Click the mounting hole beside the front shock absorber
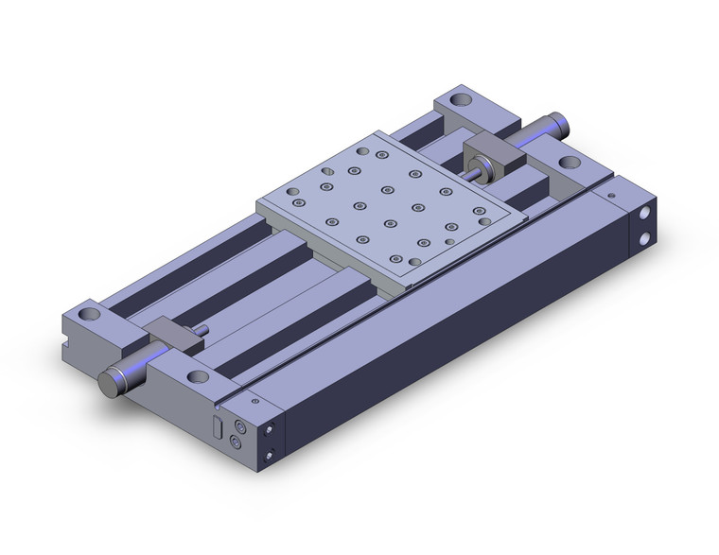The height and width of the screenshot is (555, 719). [198, 377]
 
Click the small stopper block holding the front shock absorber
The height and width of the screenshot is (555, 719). [171, 335]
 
